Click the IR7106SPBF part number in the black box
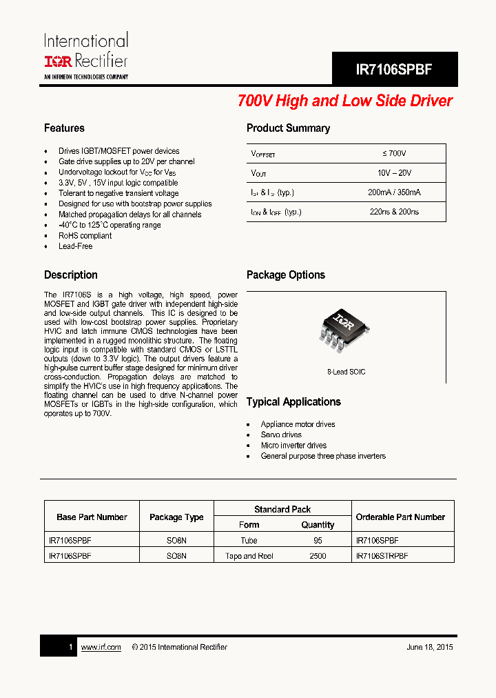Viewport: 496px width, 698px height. coord(394,70)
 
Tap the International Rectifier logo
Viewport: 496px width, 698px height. coord(86,55)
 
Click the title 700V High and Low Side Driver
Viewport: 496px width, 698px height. coord(344,101)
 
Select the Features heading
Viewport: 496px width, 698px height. coord(64,128)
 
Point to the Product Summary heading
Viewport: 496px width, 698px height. coord(288,128)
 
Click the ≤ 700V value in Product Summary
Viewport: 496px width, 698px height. coord(394,153)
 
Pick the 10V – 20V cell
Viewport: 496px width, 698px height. coord(394,173)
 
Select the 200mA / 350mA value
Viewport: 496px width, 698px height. coord(394,193)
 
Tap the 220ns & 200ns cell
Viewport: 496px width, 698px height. coord(394,212)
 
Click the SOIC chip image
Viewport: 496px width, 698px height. coord(338,328)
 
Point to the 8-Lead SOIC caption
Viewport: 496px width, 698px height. coord(346,372)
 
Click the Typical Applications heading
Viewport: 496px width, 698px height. coord(293,402)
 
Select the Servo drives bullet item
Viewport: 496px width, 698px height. coord(281,435)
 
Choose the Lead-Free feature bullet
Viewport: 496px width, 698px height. coord(75,246)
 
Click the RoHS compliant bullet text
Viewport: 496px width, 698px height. coord(85,236)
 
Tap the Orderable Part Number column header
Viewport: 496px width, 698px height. coord(400,517)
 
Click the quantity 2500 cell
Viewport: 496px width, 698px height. coord(318,556)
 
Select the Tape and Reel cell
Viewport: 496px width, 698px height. coord(249,556)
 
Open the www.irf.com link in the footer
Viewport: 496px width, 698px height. coord(101,647)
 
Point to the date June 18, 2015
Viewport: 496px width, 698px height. coord(429,647)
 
